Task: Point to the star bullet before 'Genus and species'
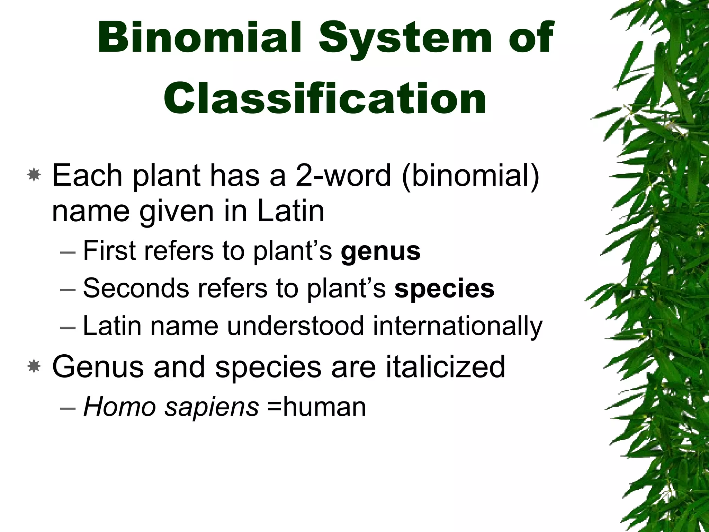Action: [x=34, y=366]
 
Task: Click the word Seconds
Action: [x=136, y=288]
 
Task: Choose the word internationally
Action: [x=457, y=326]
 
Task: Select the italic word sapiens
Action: [x=212, y=407]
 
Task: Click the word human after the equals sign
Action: [x=324, y=407]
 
